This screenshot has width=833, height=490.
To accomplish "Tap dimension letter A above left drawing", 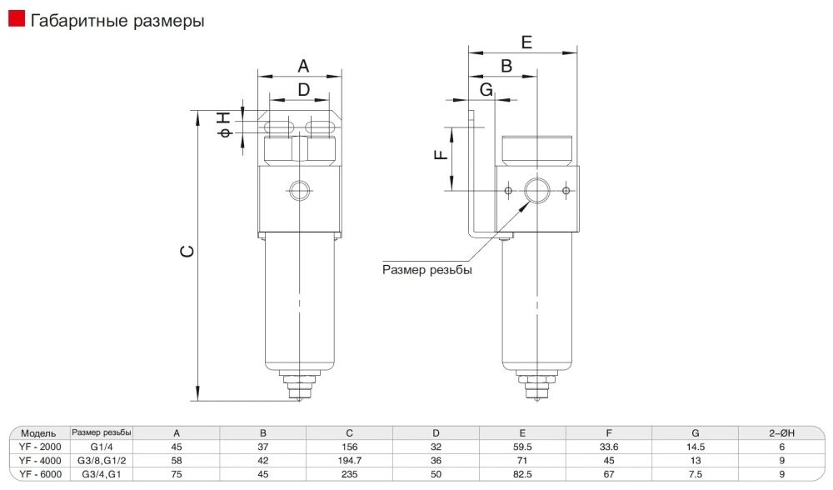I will pos(303,65).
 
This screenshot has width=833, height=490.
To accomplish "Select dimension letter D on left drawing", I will pos(303,88).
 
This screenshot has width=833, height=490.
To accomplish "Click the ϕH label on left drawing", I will pos(224,125).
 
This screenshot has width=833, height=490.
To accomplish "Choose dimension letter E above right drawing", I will pos(526,42).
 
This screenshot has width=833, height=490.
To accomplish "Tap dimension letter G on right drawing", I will pos(486,88).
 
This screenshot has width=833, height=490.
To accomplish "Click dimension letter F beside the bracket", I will pos(442,152).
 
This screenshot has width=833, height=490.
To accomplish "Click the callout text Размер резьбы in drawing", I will pos(426,269).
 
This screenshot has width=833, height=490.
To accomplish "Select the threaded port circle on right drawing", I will pos(537,191).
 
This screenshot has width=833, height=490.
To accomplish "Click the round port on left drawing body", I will pos(299,191).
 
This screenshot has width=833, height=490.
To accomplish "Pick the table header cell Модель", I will pos(38,433).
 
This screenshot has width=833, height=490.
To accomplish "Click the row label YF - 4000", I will pos(39,460).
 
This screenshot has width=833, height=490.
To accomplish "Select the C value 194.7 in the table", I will pos(349,460).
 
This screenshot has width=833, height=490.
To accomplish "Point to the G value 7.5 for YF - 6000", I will pos(695,473).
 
